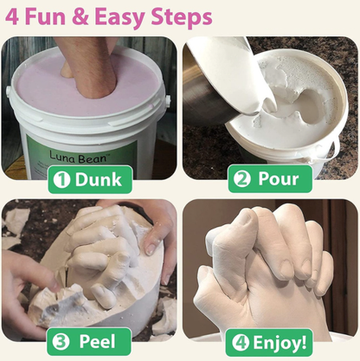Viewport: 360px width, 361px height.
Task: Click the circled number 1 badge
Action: click(x=61, y=180)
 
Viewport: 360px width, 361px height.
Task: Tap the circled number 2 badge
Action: click(x=242, y=179)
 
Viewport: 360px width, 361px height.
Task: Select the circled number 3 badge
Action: click(x=61, y=341)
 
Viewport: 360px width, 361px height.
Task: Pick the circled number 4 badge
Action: click(x=241, y=343)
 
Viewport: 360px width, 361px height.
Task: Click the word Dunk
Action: click(x=99, y=180)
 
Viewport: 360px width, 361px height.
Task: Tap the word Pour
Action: click(x=278, y=179)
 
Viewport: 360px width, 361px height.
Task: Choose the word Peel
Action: click(x=97, y=341)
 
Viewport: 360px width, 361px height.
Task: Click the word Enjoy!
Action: click(x=280, y=344)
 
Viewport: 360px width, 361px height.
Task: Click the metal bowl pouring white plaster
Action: click(x=208, y=87)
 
